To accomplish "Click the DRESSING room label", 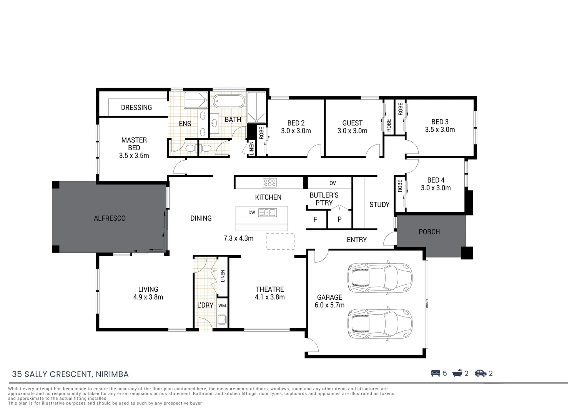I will click(136, 108).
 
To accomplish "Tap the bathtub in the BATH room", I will click(229, 103).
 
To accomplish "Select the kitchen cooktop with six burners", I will click(269, 183).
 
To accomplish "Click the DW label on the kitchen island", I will click(252, 212).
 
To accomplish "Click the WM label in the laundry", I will click(222, 306).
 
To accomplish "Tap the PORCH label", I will click(429, 232).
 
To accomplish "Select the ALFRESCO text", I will click(110, 218).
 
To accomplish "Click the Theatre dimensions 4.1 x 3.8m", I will click(269, 297).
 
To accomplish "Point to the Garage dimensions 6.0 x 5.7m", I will click(329, 305).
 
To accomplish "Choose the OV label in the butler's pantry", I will click(333, 183).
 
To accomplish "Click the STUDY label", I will click(379, 205).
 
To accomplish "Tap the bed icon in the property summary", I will click(435, 373).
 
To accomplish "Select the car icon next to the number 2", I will click(481, 373).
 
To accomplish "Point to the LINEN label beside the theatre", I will click(223, 276).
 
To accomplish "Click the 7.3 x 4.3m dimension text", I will click(238, 238).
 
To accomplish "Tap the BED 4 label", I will click(436, 180).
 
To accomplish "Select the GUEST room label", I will click(352, 123).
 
